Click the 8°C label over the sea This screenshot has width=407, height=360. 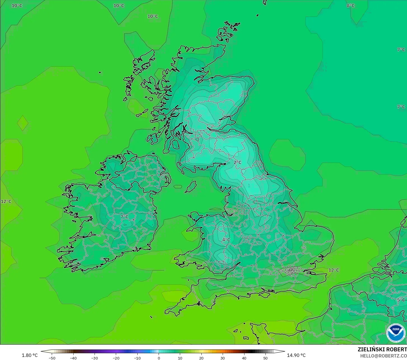point(350,6)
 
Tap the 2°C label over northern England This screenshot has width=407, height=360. point(237,162)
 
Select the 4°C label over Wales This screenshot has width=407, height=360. point(226,240)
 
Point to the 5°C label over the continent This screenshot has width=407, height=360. point(401,300)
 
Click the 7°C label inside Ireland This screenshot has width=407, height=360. point(124,217)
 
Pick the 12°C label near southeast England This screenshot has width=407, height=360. point(333,270)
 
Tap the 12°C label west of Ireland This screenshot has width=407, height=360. point(6,201)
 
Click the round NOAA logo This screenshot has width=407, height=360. point(396,333)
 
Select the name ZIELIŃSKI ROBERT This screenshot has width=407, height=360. point(382,349)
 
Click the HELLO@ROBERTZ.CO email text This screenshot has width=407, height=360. point(383,356)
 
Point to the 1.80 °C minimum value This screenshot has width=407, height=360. point(30,355)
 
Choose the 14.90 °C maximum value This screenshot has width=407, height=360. point(296,355)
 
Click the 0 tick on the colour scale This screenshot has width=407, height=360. point(159,358)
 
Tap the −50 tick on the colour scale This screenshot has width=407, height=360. point(52,358)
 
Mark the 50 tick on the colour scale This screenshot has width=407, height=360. point(265,358)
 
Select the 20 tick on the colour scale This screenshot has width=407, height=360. point(201,358)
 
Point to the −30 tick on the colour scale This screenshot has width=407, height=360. point(95,358)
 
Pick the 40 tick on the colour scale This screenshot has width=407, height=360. point(244,358)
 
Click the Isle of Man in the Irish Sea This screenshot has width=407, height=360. point(191,187)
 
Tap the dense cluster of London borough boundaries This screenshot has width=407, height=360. point(291,270)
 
